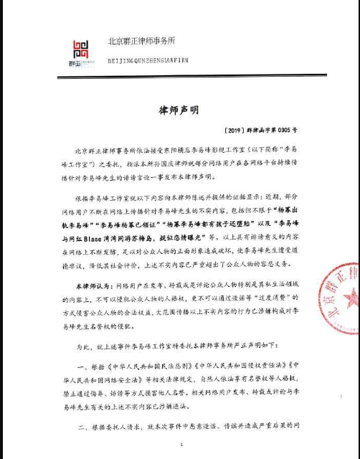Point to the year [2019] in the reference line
(239, 131)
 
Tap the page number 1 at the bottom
(181, 445)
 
